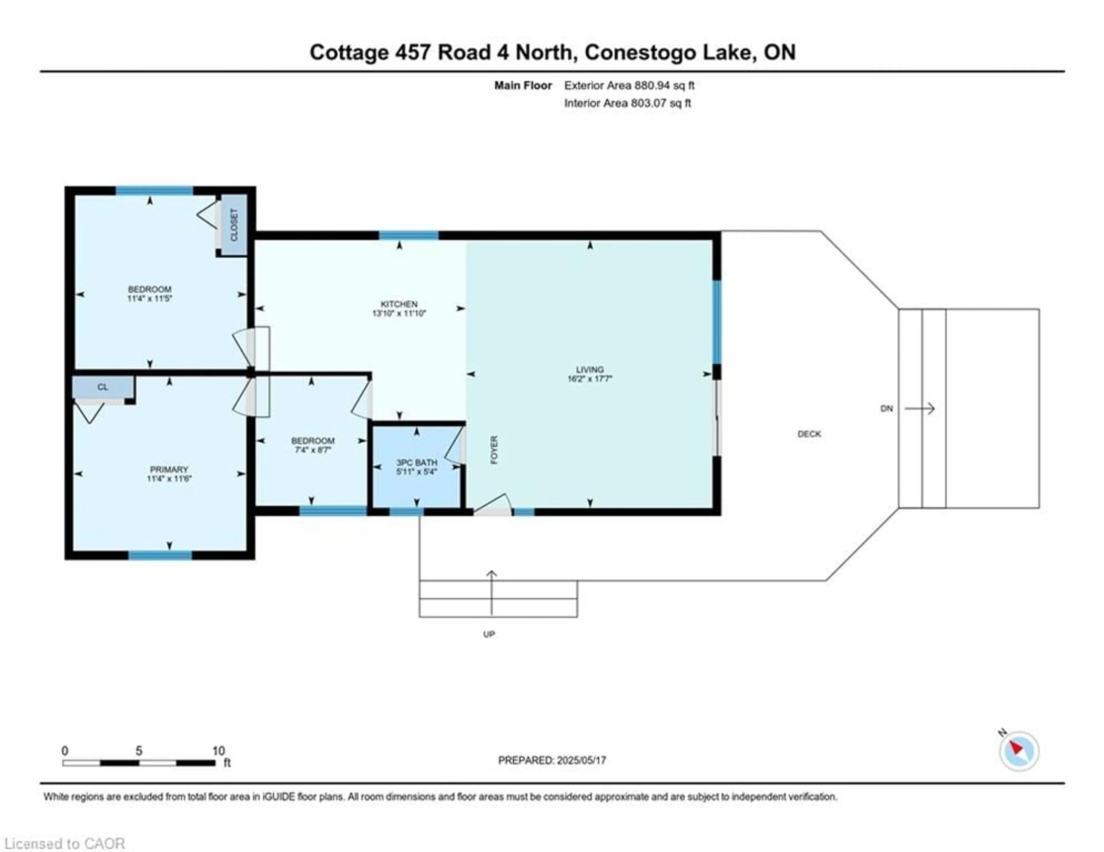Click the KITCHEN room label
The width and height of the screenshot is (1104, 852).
click(399, 304)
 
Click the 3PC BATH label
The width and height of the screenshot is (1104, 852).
click(417, 463)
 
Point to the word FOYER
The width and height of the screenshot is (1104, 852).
click(494, 450)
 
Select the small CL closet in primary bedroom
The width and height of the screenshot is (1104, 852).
click(103, 387)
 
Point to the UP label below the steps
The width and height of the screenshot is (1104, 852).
click(489, 634)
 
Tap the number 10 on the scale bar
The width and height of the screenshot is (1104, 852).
click(218, 751)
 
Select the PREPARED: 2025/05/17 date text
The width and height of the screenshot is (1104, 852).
click(552, 760)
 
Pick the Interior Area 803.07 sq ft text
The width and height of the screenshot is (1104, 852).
click(627, 103)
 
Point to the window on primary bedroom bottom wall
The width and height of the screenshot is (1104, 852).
click(160, 555)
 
